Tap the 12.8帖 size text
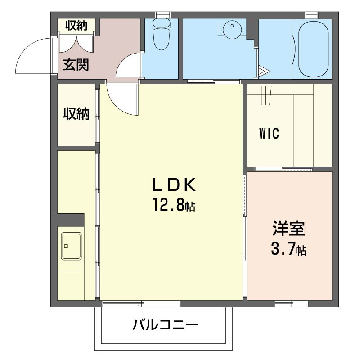click(173, 206)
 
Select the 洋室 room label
click(288, 229)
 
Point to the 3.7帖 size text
click(288, 249)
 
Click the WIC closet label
click(270, 133)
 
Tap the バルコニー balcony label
click(165, 324)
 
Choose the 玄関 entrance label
click(76, 65)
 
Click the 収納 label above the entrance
click(76, 26)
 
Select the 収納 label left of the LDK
click(76, 114)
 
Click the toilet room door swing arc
click(128, 65)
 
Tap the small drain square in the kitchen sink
click(66, 246)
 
